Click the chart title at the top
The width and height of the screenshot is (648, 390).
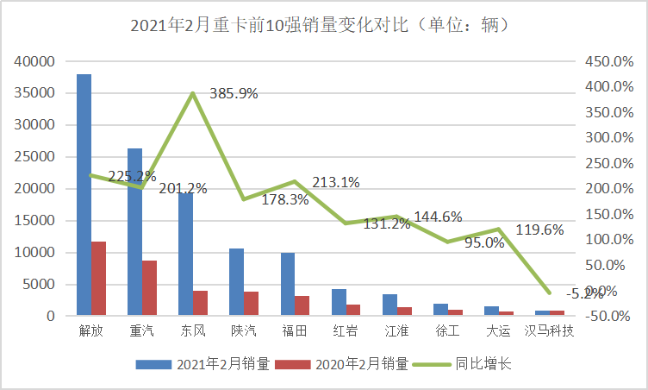coord(324,24)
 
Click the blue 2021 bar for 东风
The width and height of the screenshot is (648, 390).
coord(185,255)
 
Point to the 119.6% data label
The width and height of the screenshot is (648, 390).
coord(539,230)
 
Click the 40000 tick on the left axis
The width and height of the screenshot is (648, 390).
coord(35,61)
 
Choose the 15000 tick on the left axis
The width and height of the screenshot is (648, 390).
coord(35,221)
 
